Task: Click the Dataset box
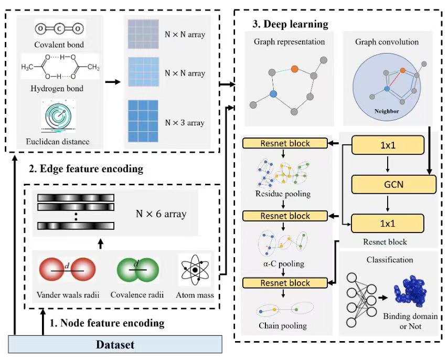click(x=115, y=345)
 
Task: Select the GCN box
click(x=394, y=184)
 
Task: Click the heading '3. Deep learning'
click(x=291, y=24)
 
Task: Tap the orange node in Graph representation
click(x=295, y=69)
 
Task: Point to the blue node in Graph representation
click(x=273, y=94)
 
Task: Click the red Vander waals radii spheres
click(x=67, y=270)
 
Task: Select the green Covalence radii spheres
click(x=136, y=270)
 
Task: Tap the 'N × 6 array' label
click(x=161, y=214)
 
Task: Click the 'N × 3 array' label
click(x=185, y=123)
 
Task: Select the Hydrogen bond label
click(x=58, y=89)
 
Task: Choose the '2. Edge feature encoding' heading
click(x=86, y=169)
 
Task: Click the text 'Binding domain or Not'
click(x=410, y=321)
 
